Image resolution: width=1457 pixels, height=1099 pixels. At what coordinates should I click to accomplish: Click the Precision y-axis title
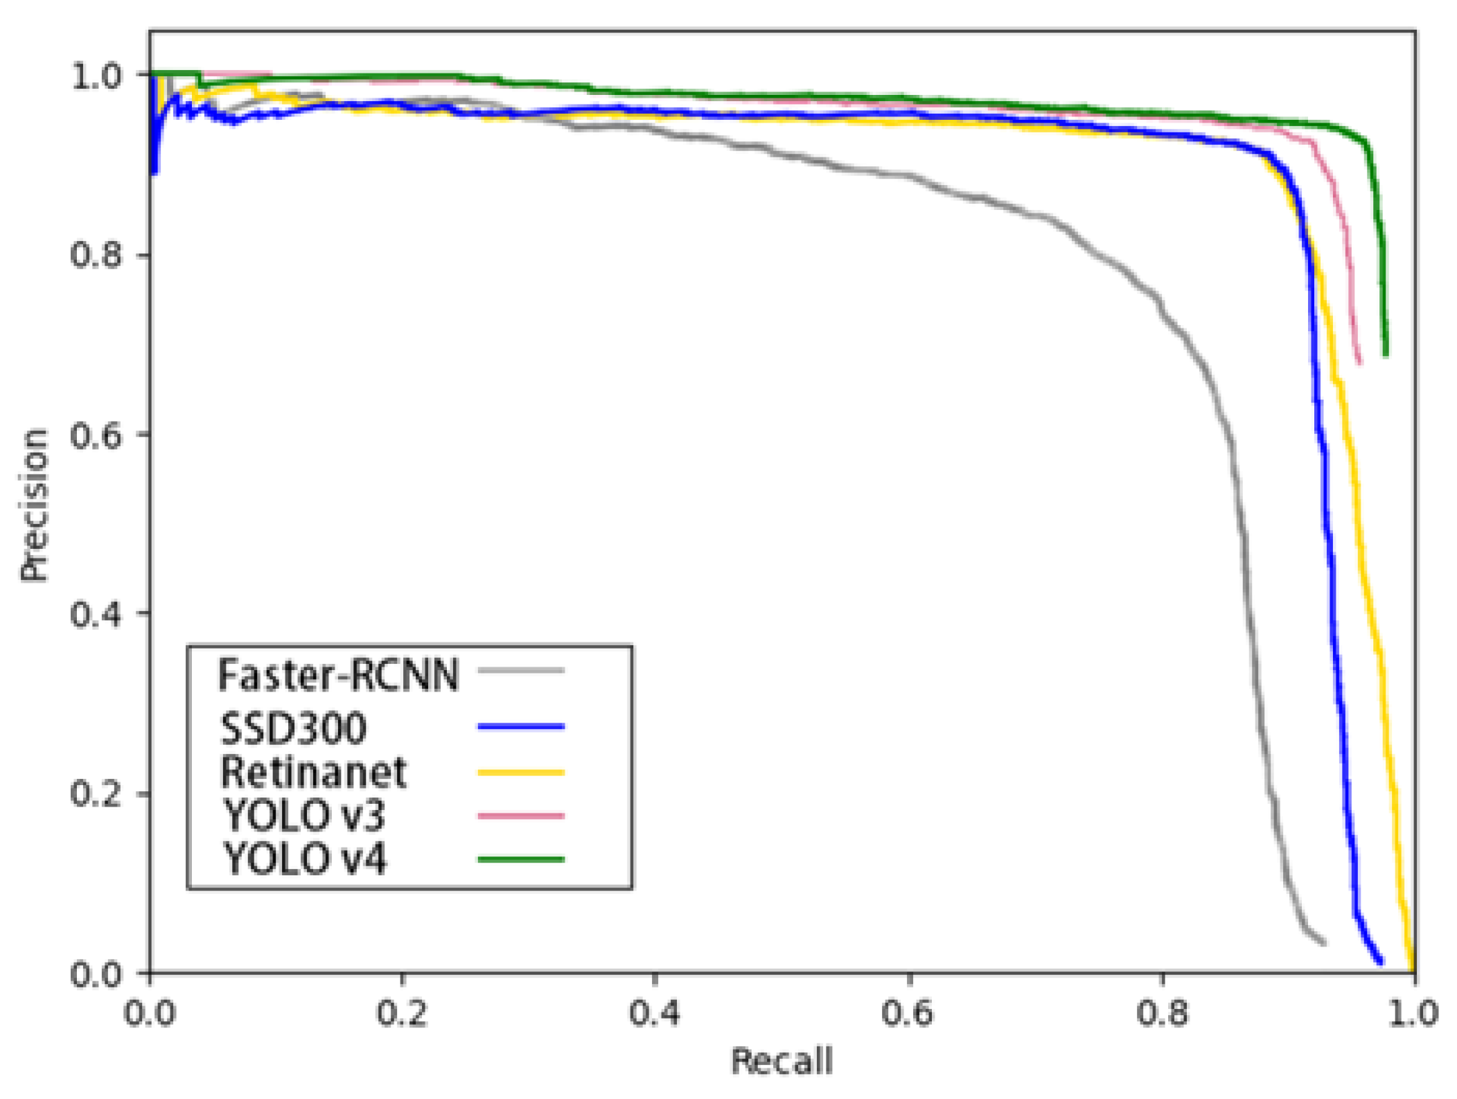pos(33,504)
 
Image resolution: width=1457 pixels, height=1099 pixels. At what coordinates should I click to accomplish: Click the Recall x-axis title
pos(782,1061)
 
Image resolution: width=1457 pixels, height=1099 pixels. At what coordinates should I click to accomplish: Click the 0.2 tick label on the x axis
pos(402,1012)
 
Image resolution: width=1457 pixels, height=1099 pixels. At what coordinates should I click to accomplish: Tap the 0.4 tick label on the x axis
pos(655,1012)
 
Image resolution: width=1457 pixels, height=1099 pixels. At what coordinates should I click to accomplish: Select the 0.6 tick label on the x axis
pos(908,1012)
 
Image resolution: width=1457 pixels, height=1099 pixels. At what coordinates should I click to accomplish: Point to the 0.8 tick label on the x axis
pos(1162,1012)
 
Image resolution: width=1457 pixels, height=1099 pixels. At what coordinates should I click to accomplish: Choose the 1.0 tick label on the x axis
pos(1414,1012)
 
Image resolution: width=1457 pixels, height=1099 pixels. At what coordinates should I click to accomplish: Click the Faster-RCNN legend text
pos(338,674)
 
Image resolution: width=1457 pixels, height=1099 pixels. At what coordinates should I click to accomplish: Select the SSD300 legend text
pos(293,728)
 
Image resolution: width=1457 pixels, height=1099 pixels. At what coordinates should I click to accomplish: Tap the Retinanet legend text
pos(313,772)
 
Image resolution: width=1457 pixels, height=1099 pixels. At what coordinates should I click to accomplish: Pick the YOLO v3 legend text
pos(303,816)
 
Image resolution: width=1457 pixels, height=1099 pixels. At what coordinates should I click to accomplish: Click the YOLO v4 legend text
pos(304,859)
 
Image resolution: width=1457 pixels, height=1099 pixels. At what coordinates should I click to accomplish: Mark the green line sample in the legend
pos(521,859)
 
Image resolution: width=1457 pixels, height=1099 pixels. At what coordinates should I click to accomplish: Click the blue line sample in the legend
pos(521,726)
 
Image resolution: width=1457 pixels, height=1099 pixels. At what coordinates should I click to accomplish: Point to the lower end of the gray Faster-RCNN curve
pos(1323,942)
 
